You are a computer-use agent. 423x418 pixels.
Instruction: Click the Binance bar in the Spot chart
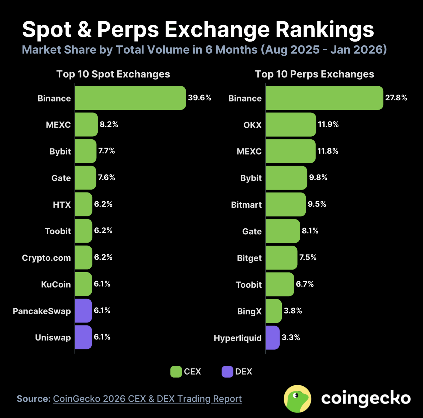coord(130,98)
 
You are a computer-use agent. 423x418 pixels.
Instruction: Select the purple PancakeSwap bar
coord(83,311)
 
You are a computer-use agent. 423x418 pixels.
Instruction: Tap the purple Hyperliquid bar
coord(272,338)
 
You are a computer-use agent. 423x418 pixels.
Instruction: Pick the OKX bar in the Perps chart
coord(291,125)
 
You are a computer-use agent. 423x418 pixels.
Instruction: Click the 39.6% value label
coord(199,98)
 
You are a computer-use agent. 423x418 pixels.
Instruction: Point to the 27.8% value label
coord(396,98)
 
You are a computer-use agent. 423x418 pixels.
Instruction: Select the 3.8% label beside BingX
coord(293,311)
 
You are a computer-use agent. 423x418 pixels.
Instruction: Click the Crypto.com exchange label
coord(46,258)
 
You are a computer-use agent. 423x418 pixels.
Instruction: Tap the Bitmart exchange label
coord(246,205)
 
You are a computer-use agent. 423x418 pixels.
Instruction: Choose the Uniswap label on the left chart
coord(53,338)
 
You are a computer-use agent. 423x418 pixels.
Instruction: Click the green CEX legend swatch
coord(176,372)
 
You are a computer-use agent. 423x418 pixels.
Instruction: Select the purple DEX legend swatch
coord(227,372)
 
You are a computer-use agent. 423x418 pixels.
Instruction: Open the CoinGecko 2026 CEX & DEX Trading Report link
coord(147,399)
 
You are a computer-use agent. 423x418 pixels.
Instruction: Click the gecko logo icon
coord(297,399)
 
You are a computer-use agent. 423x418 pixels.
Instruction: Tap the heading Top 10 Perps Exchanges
coord(314,74)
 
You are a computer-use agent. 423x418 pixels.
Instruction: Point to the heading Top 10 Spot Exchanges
coord(113,74)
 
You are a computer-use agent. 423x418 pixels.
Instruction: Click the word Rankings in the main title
coord(325,30)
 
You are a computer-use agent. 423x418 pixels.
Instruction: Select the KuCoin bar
coord(83,284)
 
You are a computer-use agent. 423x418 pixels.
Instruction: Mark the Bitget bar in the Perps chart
coord(281,258)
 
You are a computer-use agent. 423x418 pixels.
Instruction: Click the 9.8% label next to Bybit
coord(318,178)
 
